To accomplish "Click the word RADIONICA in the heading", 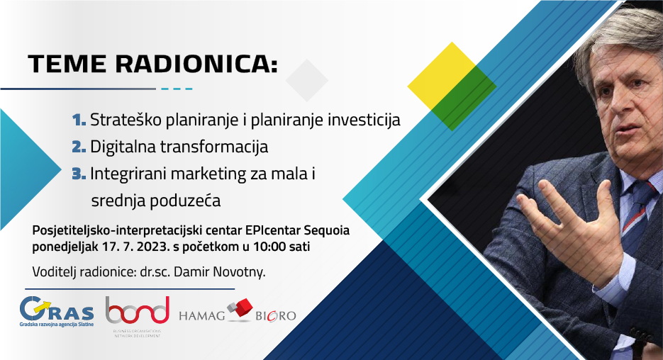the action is tap(196, 64).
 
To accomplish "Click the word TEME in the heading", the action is tap(67, 64).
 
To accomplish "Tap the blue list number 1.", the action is tap(79, 120).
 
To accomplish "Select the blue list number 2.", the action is tap(79, 147).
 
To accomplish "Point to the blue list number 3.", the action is tap(79, 173).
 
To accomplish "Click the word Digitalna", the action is tap(123, 147).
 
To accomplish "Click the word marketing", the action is tap(210, 174).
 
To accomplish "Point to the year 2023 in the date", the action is tap(155, 247).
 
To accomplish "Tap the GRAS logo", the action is tap(57, 312).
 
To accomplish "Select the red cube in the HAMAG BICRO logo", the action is tap(243, 307).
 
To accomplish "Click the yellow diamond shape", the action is tap(442, 76).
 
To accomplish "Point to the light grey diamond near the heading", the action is tap(307, 80).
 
